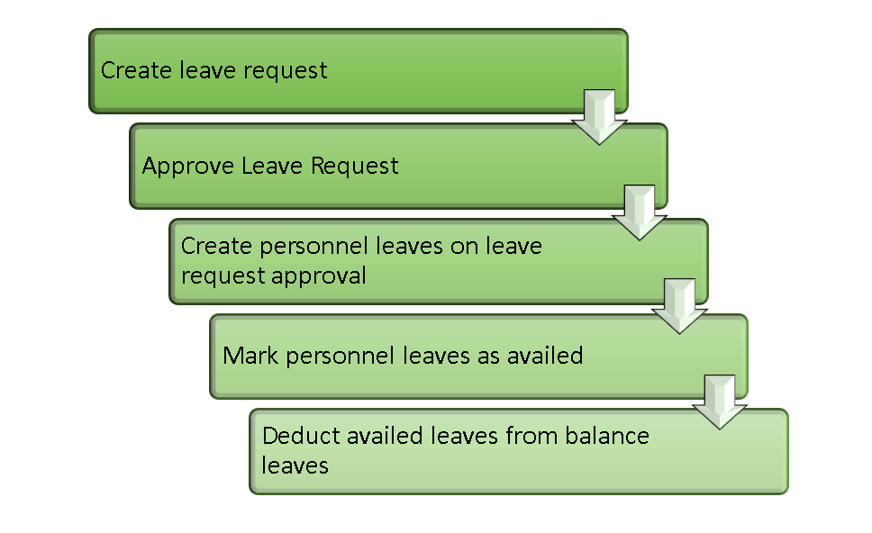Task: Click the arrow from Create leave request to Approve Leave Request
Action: pyautogui.click(x=599, y=116)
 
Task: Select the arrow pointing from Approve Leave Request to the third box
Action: pyautogui.click(x=639, y=212)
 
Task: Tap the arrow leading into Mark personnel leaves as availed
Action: pyautogui.click(x=679, y=306)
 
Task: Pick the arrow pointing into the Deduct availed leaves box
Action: pyautogui.click(x=719, y=402)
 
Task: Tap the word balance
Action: pyautogui.click(x=607, y=437)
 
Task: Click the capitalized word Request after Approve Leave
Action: pyautogui.click(x=355, y=167)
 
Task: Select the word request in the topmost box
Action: pyautogui.click(x=283, y=71)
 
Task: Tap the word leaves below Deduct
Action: pyautogui.click(x=295, y=465)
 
